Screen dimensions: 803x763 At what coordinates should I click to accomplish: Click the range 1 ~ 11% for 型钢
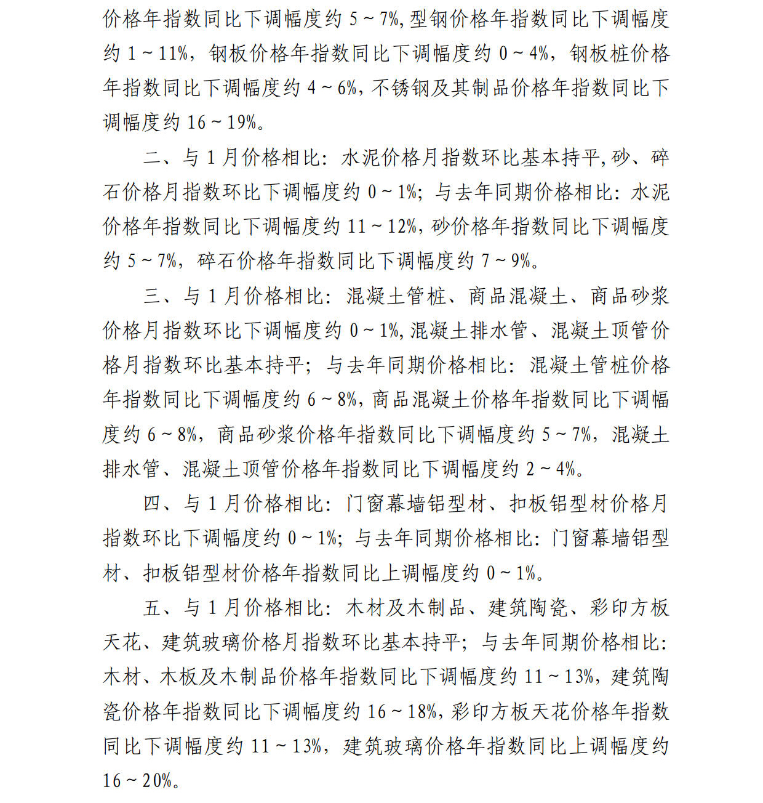[158, 54]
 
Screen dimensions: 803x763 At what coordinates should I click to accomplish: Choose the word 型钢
[428, 19]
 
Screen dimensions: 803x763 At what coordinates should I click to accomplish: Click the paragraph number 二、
[158, 158]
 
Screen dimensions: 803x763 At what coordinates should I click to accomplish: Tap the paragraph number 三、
[158, 296]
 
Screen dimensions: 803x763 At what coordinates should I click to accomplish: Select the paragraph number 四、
[158, 504]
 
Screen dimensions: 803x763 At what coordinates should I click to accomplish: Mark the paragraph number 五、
[158, 608]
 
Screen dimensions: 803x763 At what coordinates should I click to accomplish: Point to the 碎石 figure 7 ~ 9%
[506, 261]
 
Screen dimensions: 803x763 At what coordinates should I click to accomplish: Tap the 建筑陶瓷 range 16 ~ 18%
[403, 712]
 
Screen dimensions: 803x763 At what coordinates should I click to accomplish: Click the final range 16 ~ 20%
[138, 781]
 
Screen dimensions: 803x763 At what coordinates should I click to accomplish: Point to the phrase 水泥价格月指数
[411, 158]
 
